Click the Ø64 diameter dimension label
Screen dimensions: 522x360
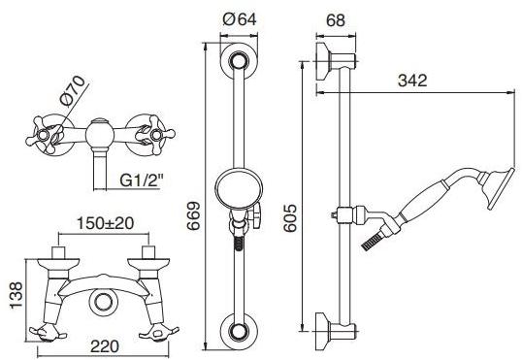240,20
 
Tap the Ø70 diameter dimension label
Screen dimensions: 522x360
72,90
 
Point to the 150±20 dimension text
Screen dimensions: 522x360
106,223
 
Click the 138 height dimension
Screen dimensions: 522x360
16,295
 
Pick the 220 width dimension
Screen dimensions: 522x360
105,346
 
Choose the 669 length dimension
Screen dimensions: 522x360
193,215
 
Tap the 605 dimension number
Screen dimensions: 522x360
290,218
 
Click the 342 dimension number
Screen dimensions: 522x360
412,81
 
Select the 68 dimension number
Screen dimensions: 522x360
336,20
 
